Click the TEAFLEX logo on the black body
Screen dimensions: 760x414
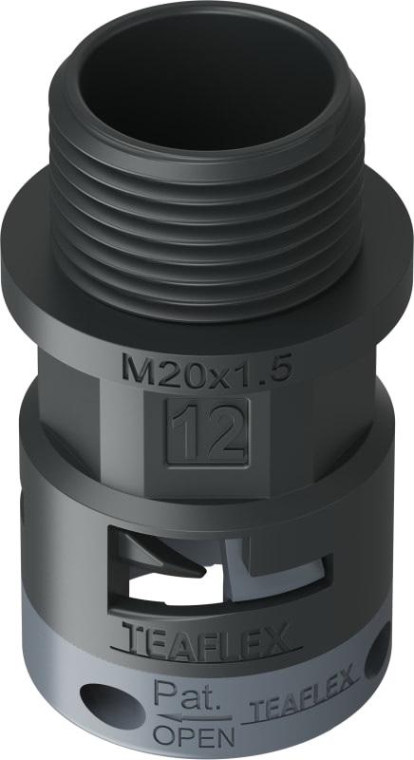tap(208, 642)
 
